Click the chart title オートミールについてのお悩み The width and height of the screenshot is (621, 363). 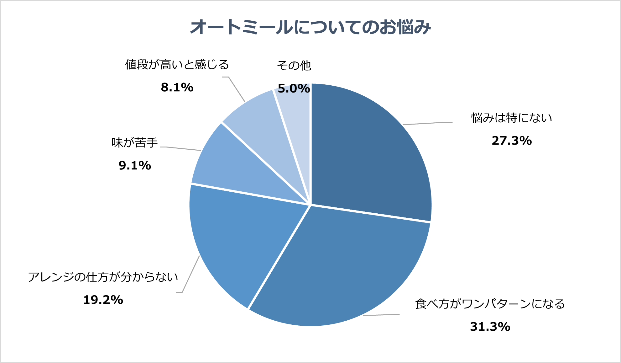pos(310,28)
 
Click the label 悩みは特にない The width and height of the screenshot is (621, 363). pos(511,118)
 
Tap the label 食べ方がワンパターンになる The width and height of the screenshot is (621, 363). pos(490,304)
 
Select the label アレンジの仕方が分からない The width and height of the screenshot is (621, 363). pos(103,277)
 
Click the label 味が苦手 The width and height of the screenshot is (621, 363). pos(135,143)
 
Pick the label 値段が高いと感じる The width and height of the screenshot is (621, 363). pos(177,65)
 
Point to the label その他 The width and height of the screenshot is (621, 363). pos(294,66)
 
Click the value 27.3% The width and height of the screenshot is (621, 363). pos(512,141)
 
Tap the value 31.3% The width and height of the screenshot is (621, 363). pos(490,327)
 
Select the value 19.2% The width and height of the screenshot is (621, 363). pos(103,300)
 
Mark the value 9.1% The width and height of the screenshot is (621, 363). pos(135,166)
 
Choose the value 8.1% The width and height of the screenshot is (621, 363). pos(177,88)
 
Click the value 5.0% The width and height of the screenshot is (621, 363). pos(294,89)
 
